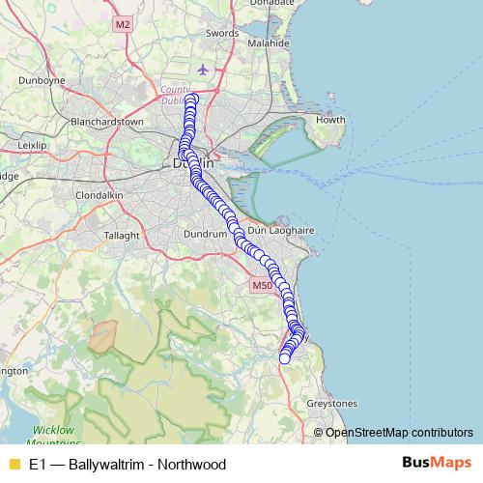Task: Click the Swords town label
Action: pyautogui.click(x=221, y=34)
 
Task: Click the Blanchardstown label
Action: pyautogui.click(x=106, y=123)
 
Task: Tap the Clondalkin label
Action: pyautogui.click(x=97, y=194)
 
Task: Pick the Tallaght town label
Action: pyautogui.click(x=122, y=235)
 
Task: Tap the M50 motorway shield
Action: pyautogui.click(x=262, y=286)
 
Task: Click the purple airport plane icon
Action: pyautogui.click(x=202, y=70)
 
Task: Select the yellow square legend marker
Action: pyautogui.click(x=14, y=464)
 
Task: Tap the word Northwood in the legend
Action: pyautogui.click(x=193, y=464)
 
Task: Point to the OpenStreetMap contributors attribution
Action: pyautogui.click(x=398, y=433)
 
